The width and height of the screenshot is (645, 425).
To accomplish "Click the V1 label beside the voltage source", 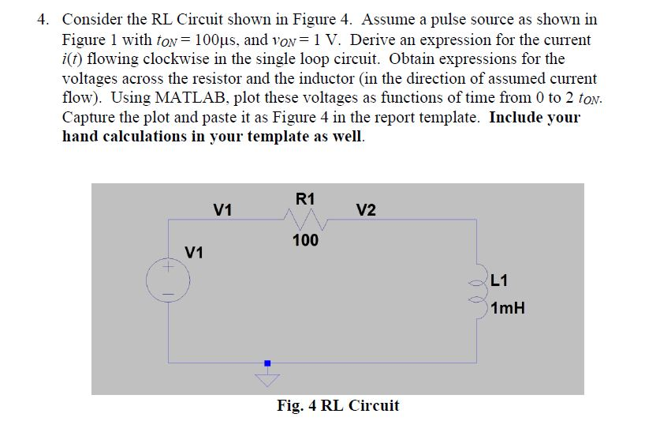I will pyautogui.click(x=194, y=253).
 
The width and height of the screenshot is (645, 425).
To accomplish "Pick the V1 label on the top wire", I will pyautogui.click(x=223, y=210).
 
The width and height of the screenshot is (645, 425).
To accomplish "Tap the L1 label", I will pyautogui.click(x=499, y=279).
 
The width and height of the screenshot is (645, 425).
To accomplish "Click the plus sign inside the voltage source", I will pyautogui.click(x=166, y=269).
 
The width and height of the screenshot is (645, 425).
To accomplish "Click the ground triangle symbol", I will pyautogui.click(x=267, y=380).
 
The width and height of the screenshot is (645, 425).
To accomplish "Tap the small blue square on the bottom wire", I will pyautogui.click(x=267, y=363).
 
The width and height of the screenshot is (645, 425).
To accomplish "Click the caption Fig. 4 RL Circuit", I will pyautogui.click(x=337, y=406).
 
